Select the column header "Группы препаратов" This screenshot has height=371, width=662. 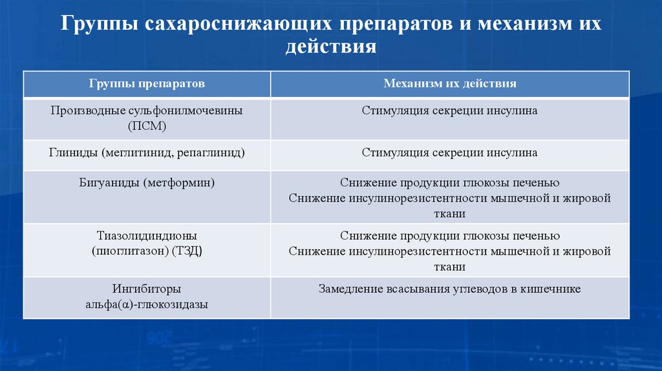point(147,84)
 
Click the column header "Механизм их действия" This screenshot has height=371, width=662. point(449,84)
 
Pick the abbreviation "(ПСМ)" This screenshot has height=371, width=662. point(147,126)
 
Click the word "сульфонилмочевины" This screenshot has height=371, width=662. point(186,111)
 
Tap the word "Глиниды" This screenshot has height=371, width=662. point(74,153)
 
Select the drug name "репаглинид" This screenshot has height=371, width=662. point(215,153)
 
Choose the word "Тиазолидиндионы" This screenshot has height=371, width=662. point(147,236)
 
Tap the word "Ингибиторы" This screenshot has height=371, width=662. point(147,289)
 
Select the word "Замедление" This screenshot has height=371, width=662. point(348,289)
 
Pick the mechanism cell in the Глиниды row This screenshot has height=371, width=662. point(449,153)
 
